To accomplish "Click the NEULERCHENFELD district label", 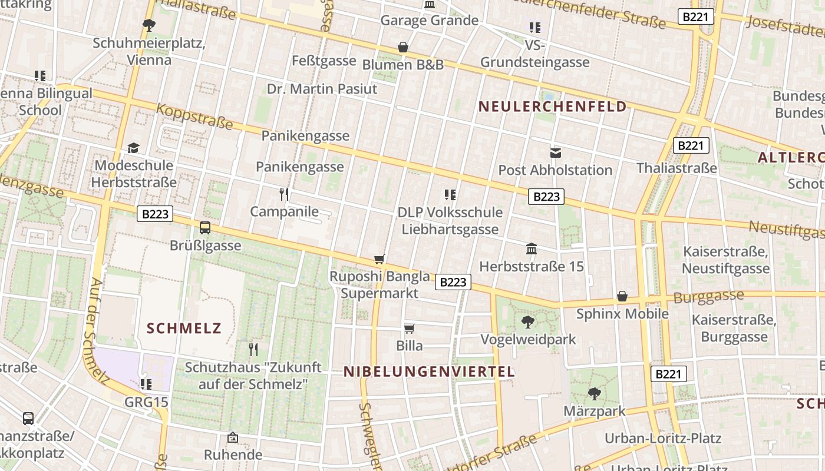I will pos(552,107).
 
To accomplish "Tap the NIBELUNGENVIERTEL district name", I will pos(429,372).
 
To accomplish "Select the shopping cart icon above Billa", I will pos(409,329).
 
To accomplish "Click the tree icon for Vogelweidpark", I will pos(527,321).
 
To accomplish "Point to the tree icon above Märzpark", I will pos(594,393).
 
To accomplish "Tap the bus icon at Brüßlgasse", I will pos(205,227).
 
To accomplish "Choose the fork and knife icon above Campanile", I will pos(284,194).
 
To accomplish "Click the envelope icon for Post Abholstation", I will pos(555,153).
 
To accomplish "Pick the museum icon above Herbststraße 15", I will pos(532,248).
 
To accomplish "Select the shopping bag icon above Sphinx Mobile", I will pos(622,296).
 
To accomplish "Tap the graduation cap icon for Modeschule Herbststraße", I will pos(134,148).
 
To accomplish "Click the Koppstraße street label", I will pos(194,116).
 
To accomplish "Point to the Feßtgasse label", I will pos(324,61).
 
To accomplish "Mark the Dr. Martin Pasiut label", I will pos(322,89).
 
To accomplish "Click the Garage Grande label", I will pos(429,21).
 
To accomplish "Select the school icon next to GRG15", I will pos(146,384).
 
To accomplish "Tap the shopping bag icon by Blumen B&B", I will pos(403,47).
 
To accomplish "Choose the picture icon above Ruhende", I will pos(233,437).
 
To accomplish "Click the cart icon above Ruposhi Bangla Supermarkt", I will pos(379,259).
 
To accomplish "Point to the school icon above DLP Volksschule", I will pos(450,194).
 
